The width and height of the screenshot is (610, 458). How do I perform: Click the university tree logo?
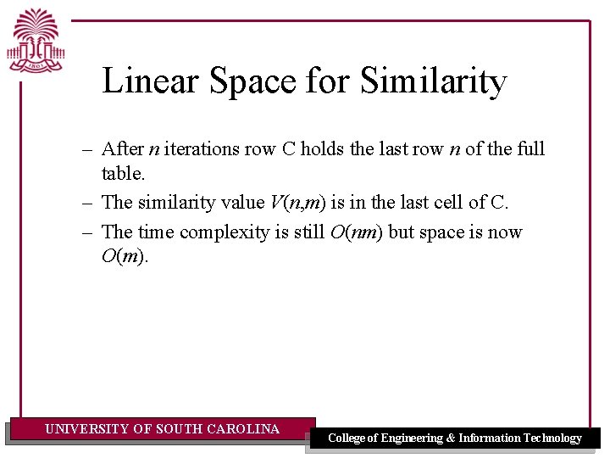tap(36, 39)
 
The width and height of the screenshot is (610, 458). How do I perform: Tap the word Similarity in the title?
tap(433, 81)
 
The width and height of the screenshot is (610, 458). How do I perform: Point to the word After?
tap(122, 149)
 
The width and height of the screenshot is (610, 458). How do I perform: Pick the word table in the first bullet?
tap(121, 173)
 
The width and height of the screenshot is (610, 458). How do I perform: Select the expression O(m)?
tap(124, 256)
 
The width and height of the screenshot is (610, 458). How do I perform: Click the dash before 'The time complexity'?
tap(87, 232)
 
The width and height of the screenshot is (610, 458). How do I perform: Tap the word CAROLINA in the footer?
tap(244, 429)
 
